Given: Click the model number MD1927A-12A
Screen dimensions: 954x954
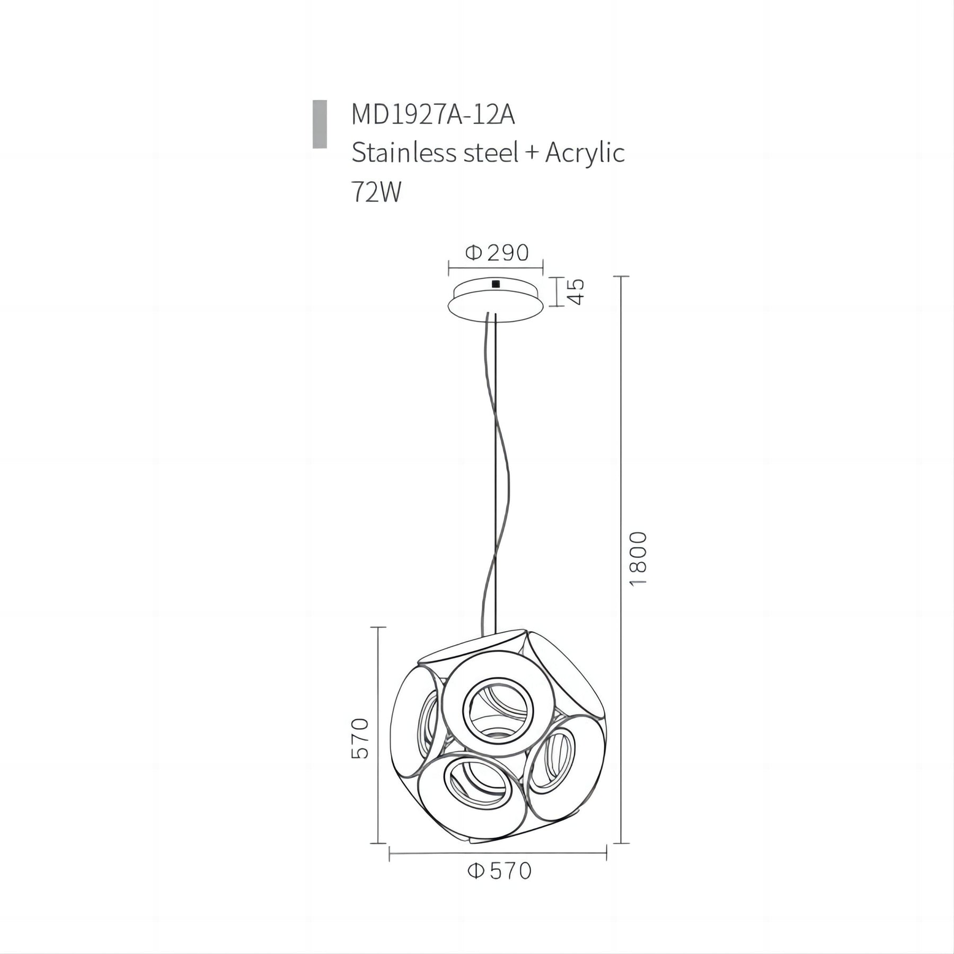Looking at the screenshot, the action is (433, 116).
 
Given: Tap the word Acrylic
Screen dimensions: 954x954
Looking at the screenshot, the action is (585, 154).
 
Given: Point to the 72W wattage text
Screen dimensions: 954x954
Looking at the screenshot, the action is (377, 192).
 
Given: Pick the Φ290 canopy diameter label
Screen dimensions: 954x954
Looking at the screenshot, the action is (497, 253).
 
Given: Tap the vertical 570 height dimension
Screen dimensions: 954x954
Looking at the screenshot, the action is (359, 738).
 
